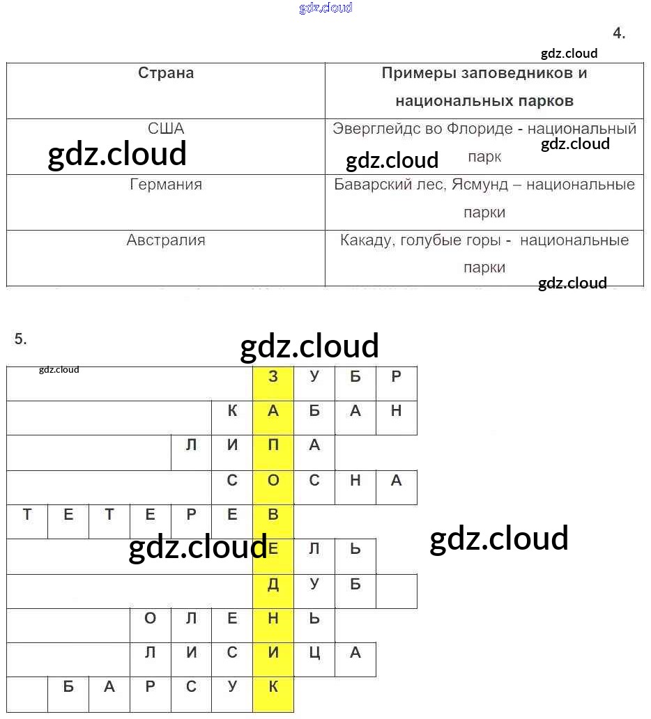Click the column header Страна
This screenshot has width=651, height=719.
pos(166,73)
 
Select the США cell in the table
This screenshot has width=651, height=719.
pos(166,129)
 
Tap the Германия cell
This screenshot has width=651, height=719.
pos(166,185)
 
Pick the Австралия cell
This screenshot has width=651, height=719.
pos(166,240)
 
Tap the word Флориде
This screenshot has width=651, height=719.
pos(482,129)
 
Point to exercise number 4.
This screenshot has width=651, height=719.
pos(619,33)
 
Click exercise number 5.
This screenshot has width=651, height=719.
pos(20,339)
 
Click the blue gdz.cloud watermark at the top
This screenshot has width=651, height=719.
pos(325,8)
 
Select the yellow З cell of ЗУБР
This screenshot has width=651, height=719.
pos(273,376)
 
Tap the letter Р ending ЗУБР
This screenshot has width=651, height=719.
pos(397,376)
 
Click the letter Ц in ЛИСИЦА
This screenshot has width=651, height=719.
pos(314,653)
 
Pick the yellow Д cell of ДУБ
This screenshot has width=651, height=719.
pos(273,585)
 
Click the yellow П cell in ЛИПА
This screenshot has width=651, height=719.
pos(273,445)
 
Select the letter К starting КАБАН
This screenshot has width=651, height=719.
pos(232,411)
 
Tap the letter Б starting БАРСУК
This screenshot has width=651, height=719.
pos(68,687)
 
